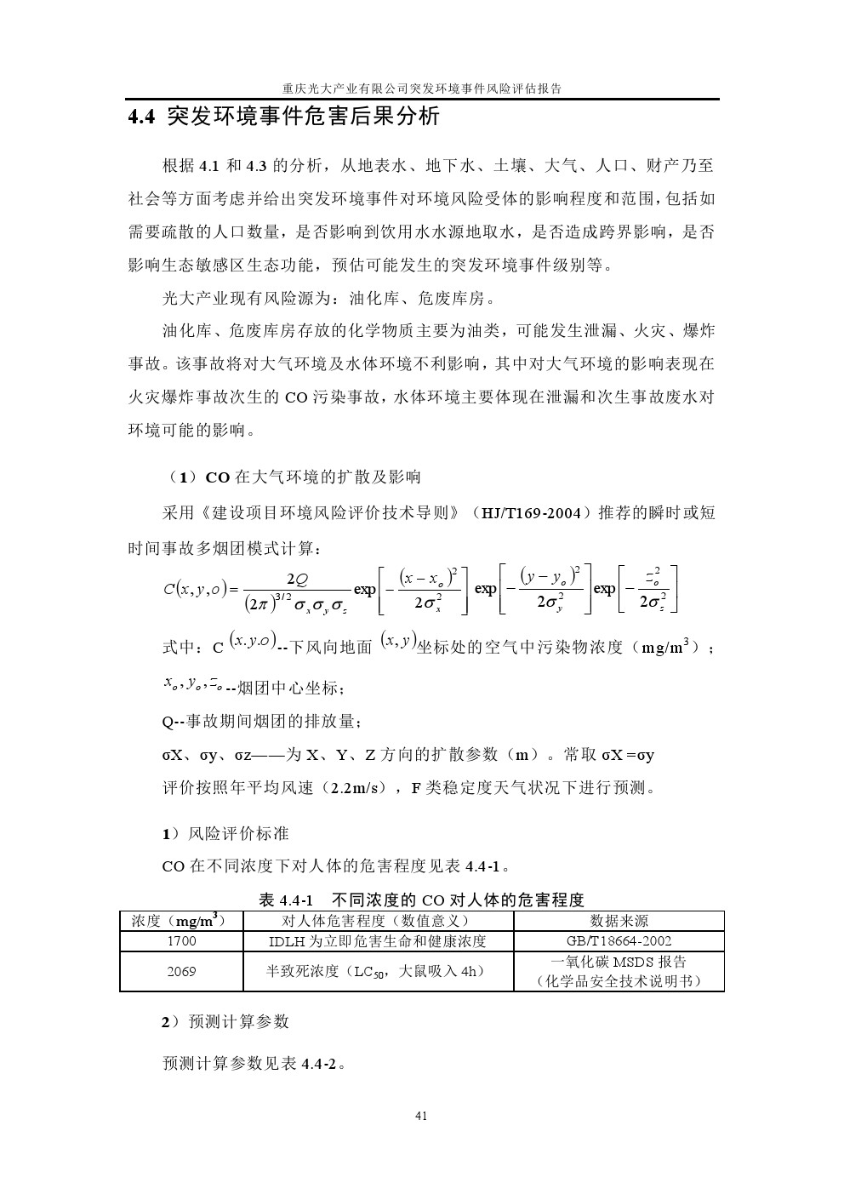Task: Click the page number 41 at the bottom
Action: tap(421, 1116)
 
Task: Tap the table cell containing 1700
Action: tap(181, 940)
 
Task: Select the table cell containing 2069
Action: tap(181, 971)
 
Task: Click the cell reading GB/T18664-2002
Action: tap(619, 940)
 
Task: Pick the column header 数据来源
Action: tap(619, 920)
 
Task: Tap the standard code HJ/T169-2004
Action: tap(531, 513)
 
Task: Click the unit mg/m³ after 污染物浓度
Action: tap(667, 647)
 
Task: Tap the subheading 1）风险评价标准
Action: tap(225, 833)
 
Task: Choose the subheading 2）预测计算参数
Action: tap(225, 1021)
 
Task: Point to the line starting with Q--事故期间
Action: tap(263, 721)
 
